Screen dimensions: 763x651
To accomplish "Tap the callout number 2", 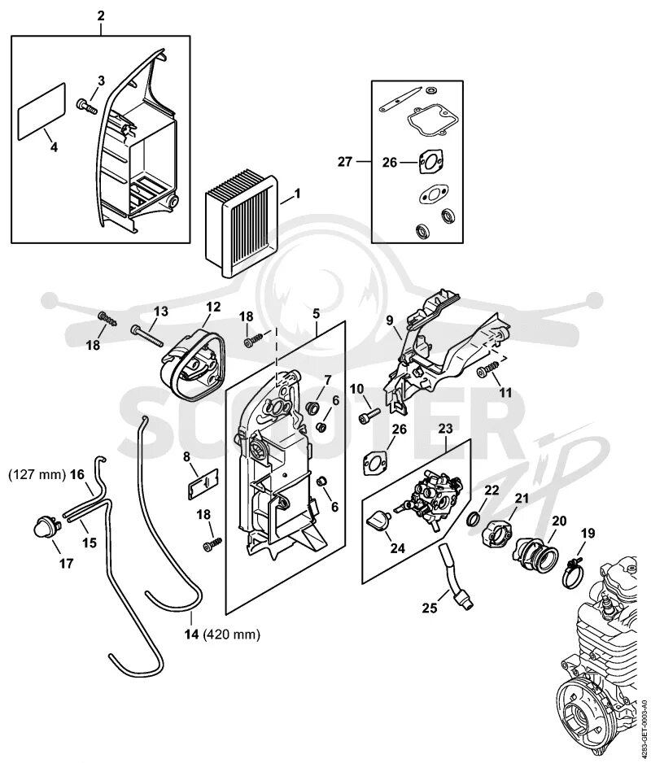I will click(101, 16).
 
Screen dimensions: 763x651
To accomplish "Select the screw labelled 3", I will click(87, 105).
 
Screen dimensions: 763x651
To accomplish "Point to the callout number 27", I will click(345, 161).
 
